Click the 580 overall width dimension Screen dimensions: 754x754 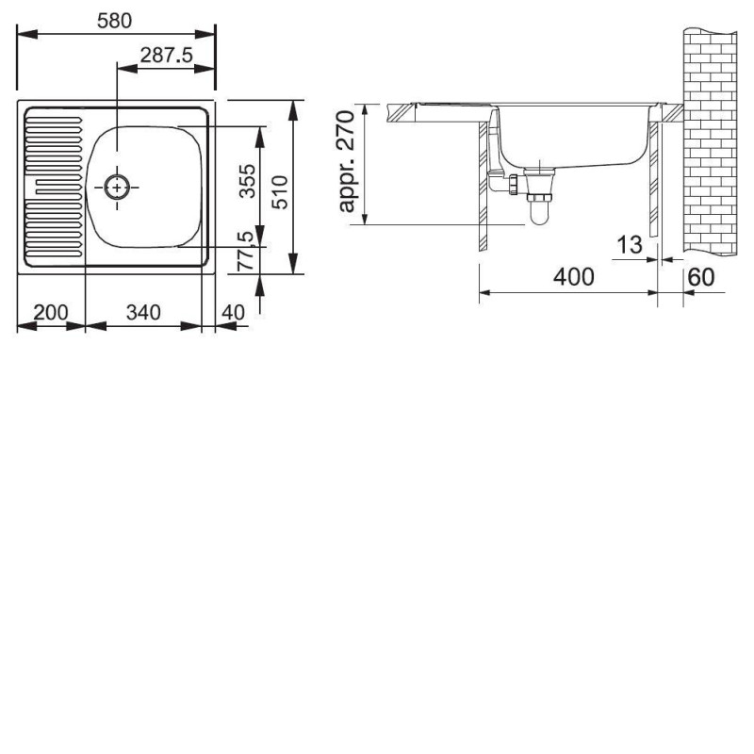pyautogui.click(x=114, y=21)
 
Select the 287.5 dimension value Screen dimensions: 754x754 pyautogui.click(x=167, y=56)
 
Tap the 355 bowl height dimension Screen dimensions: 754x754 pyautogui.click(x=248, y=181)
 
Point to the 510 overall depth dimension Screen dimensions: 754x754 pyautogui.click(x=280, y=192)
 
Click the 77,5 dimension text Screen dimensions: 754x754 pyautogui.click(x=245, y=251)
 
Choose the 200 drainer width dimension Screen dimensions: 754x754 pyautogui.click(x=51, y=313)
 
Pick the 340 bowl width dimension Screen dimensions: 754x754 pyautogui.click(x=143, y=313)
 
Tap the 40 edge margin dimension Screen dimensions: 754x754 pyautogui.click(x=233, y=313)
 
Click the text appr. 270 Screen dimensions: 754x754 pyautogui.click(x=347, y=161)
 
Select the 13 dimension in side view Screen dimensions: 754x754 pyautogui.click(x=630, y=245)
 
